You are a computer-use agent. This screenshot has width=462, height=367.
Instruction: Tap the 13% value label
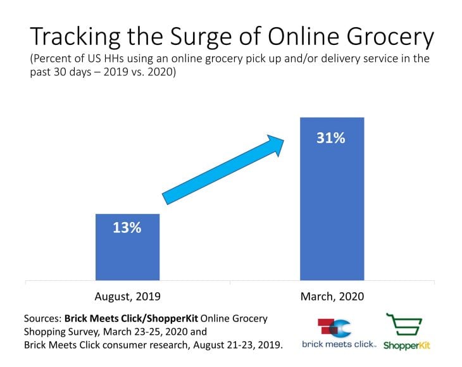[127, 228]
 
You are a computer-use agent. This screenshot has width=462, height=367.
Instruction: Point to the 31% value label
[331, 137]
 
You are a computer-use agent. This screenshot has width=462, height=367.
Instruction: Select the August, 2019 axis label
[127, 295]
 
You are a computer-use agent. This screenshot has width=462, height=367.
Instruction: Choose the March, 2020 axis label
[332, 295]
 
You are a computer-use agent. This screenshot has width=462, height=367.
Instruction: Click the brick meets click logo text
[339, 345]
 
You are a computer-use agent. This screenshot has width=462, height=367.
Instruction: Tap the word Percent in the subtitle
[53, 59]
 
